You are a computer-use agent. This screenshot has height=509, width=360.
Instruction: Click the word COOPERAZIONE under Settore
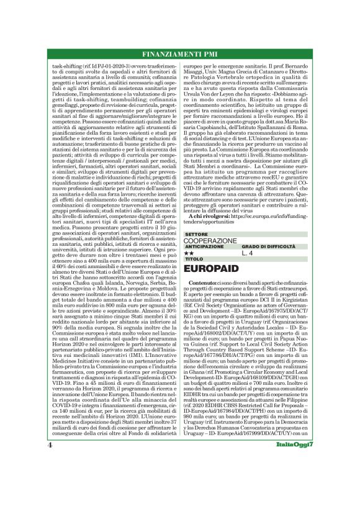coord(211,240)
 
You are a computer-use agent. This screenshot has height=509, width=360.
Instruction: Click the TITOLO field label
coord(194,259)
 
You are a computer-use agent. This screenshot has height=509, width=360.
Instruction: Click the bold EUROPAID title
coord(215,269)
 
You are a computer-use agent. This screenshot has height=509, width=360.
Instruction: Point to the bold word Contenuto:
coord(205,283)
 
